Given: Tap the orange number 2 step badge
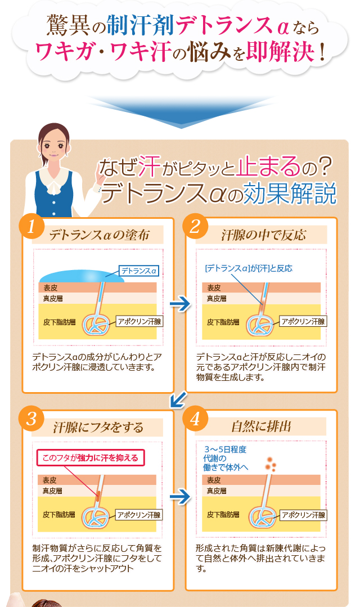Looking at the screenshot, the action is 195,226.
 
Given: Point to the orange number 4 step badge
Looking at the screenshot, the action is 195,419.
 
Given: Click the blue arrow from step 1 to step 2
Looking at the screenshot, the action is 180,304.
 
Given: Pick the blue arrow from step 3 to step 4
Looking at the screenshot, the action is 180,497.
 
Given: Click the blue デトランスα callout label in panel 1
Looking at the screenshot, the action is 139,271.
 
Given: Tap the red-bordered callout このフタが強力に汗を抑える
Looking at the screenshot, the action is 90,457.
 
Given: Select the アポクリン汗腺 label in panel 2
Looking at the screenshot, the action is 303,321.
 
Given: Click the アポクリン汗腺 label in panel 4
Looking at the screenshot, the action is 303,515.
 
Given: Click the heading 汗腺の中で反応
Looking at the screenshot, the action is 263,235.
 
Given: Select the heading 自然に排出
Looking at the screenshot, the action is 261,426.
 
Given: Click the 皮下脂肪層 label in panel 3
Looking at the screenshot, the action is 59,515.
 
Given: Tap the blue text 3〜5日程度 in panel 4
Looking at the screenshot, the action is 226,449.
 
